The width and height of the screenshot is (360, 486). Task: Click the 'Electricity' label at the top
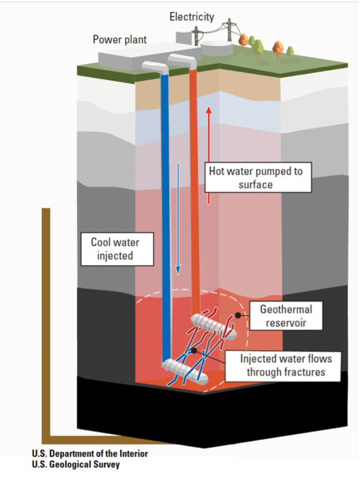[x=191, y=17]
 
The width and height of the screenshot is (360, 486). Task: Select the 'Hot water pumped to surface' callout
[x=255, y=178]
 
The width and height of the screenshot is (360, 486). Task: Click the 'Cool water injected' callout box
[x=115, y=249]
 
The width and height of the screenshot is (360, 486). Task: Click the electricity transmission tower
[x=228, y=31]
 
